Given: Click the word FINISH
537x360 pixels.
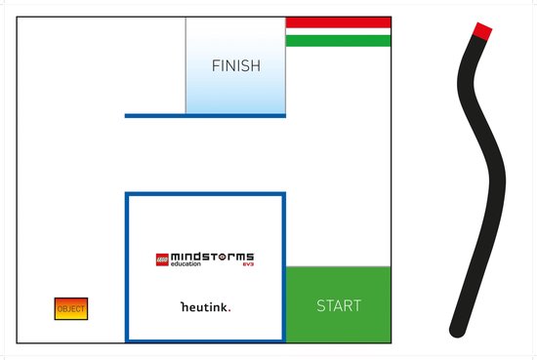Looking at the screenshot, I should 236,66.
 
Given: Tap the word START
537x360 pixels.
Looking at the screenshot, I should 339,305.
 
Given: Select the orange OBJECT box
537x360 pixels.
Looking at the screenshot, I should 71,309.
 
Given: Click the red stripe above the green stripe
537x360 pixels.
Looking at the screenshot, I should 338,21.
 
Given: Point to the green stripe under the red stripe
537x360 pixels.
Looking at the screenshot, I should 338,40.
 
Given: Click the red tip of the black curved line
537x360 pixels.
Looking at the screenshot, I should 481,30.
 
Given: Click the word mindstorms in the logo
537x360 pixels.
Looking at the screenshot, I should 213,258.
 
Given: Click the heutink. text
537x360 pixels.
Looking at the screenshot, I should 205,306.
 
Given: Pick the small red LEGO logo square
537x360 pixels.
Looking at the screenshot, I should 162,260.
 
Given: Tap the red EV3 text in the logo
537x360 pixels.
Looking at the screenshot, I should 248,265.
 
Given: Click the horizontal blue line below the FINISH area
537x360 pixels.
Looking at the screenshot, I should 205,116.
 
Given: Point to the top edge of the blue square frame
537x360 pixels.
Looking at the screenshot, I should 205,194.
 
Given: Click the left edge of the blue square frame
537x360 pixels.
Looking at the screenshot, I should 127,267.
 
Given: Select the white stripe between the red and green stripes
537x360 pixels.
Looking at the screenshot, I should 338,31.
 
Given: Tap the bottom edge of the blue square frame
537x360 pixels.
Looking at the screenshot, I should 205,340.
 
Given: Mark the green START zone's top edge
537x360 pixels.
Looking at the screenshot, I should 338,267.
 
